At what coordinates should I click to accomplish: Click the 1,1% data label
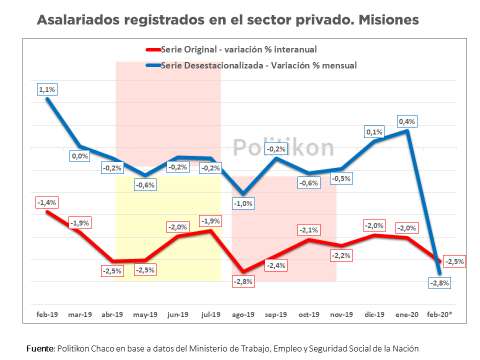47,89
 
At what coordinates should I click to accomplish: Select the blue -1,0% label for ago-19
243,203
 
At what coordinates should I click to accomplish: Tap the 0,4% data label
407,121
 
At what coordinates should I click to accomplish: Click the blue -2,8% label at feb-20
440,283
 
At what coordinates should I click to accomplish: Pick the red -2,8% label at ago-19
243,281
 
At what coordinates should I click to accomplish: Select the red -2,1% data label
309,230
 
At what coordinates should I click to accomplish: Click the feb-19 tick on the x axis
47,314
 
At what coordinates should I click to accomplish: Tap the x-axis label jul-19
211,314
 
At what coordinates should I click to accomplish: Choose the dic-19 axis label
374,314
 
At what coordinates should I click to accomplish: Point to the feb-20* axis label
440,314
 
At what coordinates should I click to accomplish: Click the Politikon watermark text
283,147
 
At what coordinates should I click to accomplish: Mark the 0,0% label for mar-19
80,156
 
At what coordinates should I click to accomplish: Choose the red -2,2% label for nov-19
342,255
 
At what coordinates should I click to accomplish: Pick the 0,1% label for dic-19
374,132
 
